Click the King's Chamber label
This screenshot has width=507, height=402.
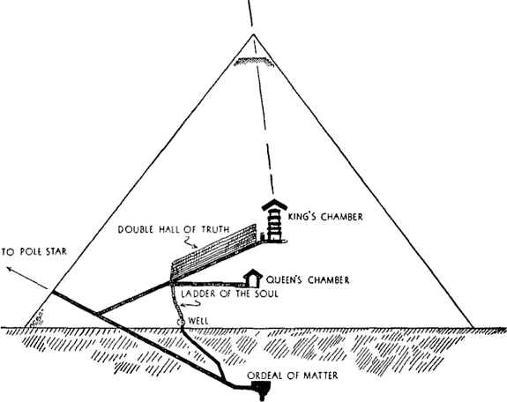tap(325, 216)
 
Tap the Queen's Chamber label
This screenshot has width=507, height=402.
tap(308, 279)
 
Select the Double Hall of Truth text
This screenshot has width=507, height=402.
tap(174, 229)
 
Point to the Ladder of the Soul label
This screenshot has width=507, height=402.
tap(229, 294)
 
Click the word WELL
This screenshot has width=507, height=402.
tap(198, 321)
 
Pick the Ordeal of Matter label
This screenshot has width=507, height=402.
tap(293, 376)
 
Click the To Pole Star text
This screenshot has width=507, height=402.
tap(34, 251)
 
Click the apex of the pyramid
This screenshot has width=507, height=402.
tap(253, 34)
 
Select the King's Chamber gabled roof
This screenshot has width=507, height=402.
tap(274, 205)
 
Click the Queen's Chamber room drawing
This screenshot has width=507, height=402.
tap(253, 278)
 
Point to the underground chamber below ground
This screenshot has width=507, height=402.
tap(262, 390)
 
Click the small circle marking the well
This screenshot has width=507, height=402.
tap(180, 322)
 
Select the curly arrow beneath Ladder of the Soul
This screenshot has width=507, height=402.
tap(190, 304)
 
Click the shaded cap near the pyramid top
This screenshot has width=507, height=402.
tap(254, 62)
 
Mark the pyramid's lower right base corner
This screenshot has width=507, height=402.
tap(473, 327)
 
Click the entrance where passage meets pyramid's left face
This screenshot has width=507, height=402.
tap(52, 293)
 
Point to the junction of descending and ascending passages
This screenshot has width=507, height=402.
tap(97, 314)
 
